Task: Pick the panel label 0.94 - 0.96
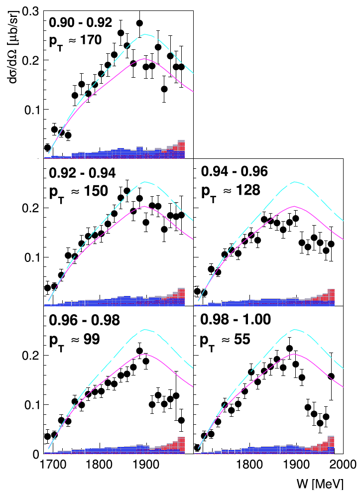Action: (x=235, y=172)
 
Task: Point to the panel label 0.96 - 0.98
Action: (x=83, y=320)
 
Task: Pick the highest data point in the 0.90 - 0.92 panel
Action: (x=139, y=23)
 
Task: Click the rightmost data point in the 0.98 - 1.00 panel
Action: (x=331, y=376)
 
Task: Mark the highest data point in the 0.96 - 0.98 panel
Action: (x=139, y=351)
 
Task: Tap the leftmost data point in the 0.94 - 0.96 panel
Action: (x=197, y=291)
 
